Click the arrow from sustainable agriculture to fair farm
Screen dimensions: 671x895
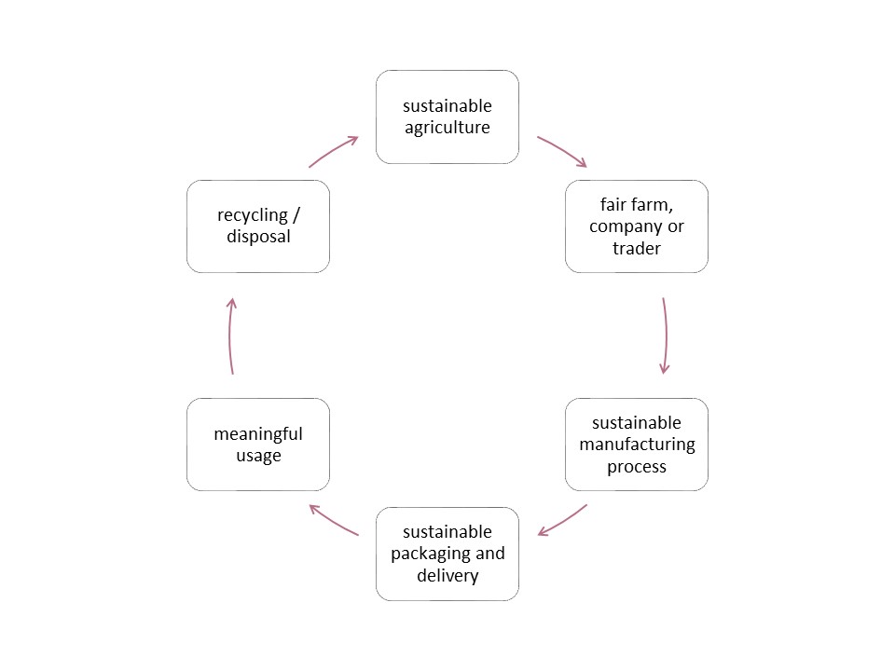point(562,151)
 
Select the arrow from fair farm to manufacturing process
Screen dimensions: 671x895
point(666,335)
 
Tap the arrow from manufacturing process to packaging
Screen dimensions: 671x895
point(562,521)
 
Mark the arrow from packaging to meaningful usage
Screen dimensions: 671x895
point(334,520)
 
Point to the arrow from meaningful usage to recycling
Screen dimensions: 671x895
point(230,335)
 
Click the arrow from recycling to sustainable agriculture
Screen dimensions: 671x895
point(334,150)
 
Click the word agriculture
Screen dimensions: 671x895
point(447,128)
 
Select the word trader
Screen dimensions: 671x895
point(636,248)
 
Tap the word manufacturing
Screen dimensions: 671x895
point(637,445)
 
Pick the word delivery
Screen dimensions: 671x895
point(447,575)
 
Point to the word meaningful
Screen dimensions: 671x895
point(258,434)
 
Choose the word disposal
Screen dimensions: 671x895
point(258,237)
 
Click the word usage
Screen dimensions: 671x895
point(258,456)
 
